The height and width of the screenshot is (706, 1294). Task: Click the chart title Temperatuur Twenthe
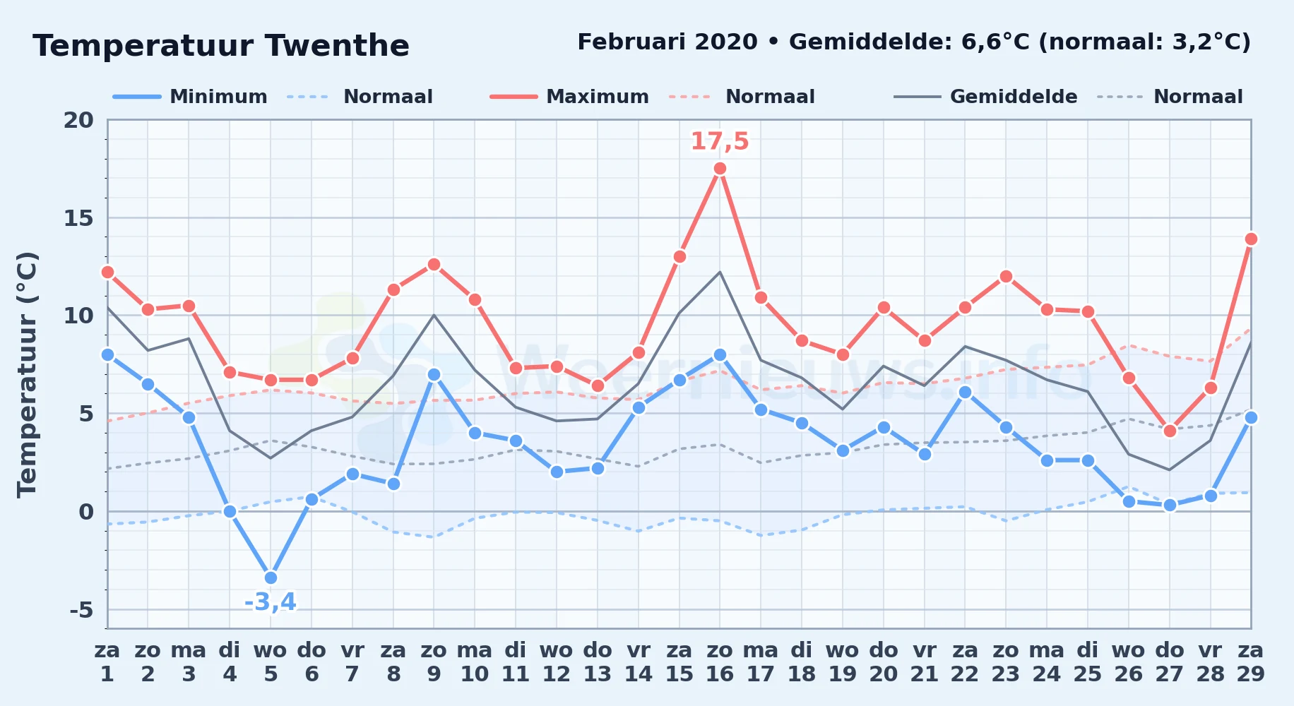221,46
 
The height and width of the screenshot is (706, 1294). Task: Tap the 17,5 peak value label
720,141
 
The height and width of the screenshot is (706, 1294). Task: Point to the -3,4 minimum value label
271,602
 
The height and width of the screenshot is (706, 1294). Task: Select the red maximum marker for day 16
720,168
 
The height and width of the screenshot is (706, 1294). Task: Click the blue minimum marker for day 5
271,578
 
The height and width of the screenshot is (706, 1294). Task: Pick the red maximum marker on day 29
1251,239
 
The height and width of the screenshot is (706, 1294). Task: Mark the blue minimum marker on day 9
434,374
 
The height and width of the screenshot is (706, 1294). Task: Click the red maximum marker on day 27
1169,431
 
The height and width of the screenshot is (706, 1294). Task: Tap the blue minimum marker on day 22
965,392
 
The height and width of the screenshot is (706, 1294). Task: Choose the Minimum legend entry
191,97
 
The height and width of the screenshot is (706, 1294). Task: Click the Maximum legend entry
569,97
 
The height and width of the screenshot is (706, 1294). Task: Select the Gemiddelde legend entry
986,97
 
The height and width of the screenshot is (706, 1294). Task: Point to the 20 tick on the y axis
78,120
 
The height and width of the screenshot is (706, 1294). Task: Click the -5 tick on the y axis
82,609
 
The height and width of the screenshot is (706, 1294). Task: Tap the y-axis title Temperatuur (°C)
28,374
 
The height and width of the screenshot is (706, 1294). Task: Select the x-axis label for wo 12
557,662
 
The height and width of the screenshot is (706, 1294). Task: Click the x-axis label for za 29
1251,662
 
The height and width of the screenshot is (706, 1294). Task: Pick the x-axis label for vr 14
639,662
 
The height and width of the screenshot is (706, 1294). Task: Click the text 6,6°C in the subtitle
996,42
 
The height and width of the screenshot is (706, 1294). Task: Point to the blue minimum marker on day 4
230,511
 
